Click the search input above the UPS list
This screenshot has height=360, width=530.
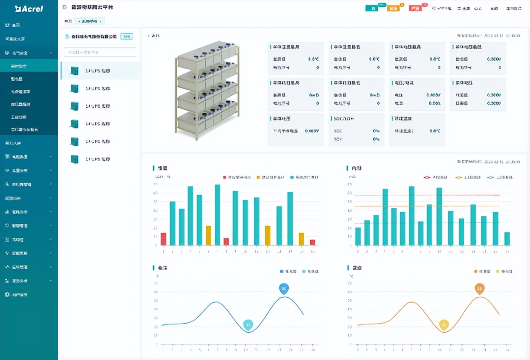click(x=100, y=52)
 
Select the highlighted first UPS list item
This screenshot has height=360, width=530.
click(x=100, y=71)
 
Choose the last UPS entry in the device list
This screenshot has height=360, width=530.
click(x=100, y=159)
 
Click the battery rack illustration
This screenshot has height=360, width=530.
click(x=207, y=88)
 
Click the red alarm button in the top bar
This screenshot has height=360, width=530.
click(x=415, y=9)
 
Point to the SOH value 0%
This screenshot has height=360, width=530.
click(x=376, y=139)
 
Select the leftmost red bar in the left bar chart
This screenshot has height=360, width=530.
click(x=163, y=239)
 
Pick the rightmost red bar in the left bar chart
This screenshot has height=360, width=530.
click(x=312, y=242)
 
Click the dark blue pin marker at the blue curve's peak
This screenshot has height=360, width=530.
click(x=283, y=288)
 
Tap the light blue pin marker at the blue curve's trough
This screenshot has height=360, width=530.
click(x=248, y=324)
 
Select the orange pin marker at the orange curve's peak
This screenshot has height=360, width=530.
click(x=479, y=288)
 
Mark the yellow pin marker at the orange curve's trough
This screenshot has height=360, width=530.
click(x=444, y=324)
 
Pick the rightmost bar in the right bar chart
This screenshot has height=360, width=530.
click(x=507, y=239)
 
